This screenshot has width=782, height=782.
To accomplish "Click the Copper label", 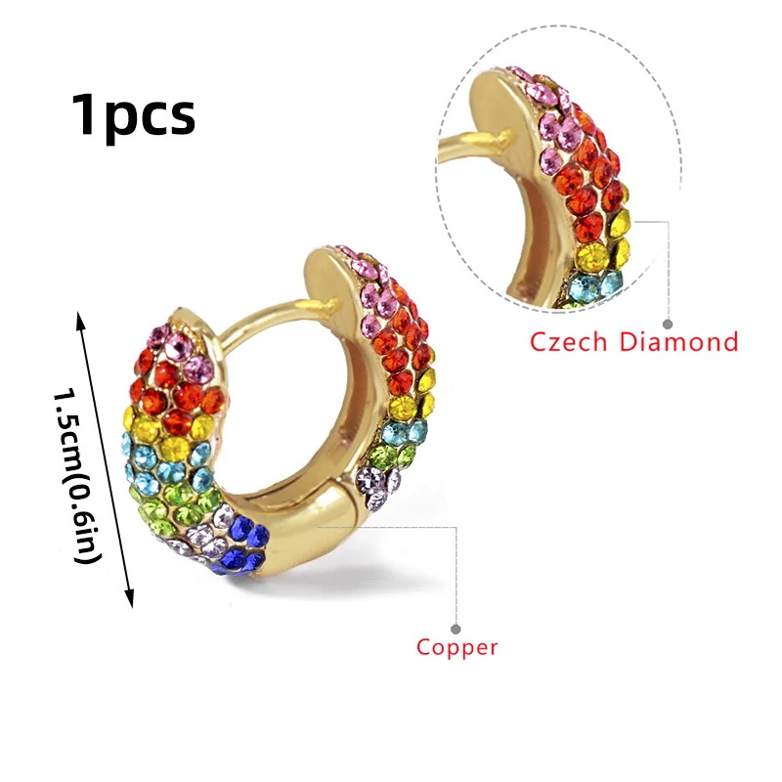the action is click(457, 647).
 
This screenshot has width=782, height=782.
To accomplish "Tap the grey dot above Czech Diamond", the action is click(668, 323).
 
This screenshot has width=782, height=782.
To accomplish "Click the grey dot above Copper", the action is click(456, 628).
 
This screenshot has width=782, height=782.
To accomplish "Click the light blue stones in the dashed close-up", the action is click(596, 285).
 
